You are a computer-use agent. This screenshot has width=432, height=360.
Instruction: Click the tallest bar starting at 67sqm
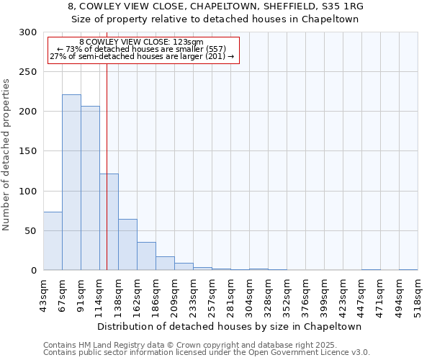tap(71, 182)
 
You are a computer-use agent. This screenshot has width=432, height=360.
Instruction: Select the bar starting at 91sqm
tap(90, 188)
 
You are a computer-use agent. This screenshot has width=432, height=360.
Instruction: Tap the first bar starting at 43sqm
tap(53, 241)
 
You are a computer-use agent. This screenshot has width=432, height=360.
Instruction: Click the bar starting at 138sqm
tap(127, 245)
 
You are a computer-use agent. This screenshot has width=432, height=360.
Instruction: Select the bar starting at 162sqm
tap(146, 256)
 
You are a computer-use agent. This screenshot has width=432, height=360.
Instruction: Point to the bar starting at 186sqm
tap(165, 264)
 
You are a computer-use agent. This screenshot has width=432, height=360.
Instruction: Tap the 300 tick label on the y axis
tap(28, 32)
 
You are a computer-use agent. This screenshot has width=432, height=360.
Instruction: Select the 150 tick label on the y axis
tap(28, 151)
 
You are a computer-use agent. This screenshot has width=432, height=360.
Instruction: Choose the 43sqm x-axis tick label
tap(43, 294)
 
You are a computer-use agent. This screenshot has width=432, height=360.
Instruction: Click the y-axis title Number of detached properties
tap(7, 155)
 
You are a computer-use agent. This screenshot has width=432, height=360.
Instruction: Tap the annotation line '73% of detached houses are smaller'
tap(141, 49)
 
